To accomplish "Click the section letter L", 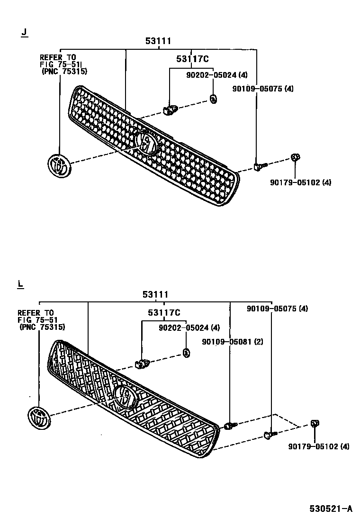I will click(20, 284).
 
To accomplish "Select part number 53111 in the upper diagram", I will click(158, 42).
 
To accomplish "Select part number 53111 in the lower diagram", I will click(155, 295).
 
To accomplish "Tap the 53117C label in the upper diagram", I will click(192, 59).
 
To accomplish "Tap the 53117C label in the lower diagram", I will click(164, 312).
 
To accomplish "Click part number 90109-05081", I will click(232, 342).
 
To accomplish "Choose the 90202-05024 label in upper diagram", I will click(216, 74).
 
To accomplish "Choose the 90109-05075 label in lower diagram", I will click(277, 309).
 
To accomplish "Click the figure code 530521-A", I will click(331, 509).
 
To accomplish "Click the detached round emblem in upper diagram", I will click(59, 166).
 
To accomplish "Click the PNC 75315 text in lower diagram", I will click(43, 327).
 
